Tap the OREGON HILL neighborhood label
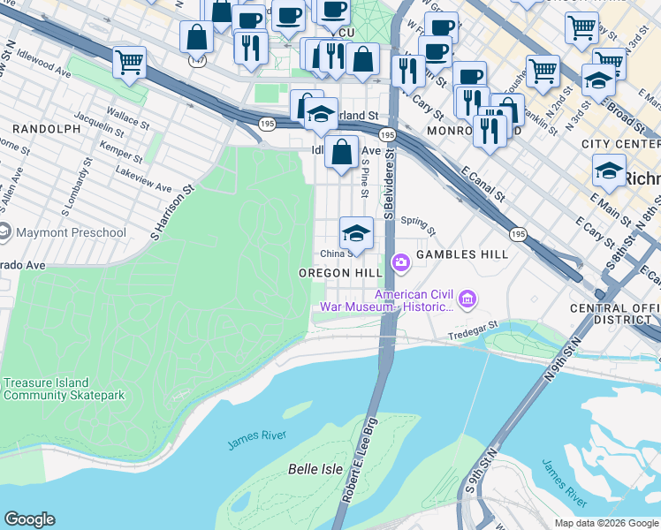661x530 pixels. (339, 274)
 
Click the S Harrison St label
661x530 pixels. (171, 212)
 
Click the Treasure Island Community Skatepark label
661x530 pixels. (64, 390)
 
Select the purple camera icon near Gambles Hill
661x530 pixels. (400, 261)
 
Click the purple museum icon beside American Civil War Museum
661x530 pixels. (467, 300)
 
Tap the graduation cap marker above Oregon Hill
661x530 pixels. (356, 233)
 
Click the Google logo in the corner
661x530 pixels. (29, 519)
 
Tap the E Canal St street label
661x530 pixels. (482, 185)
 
